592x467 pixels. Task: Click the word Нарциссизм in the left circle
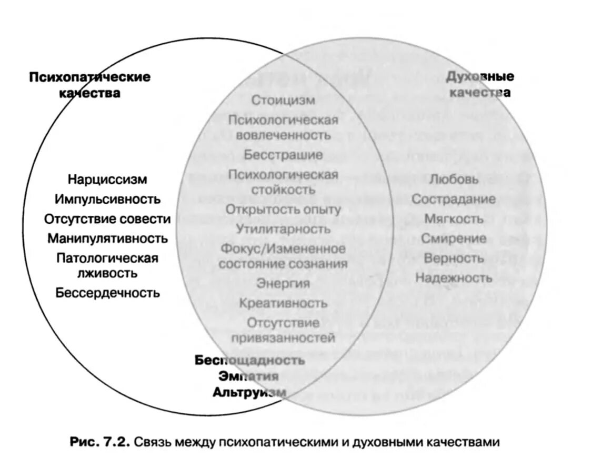(107, 180)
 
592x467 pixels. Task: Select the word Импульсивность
(107, 199)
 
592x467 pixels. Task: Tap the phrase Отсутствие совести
(107, 218)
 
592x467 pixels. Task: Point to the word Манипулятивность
(107, 238)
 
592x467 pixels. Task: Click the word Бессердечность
(107, 292)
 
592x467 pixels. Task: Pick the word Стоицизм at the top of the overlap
(283, 100)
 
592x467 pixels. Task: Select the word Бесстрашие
(283, 154)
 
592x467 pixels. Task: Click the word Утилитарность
(283, 228)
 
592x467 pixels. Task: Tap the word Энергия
(283, 283)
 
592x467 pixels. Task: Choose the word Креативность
(283, 303)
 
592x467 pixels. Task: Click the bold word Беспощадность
(249, 360)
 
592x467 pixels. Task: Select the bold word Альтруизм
(249, 392)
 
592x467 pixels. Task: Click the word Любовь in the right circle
(454, 179)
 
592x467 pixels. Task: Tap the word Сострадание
(454, 199)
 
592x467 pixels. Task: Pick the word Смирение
(454, 238)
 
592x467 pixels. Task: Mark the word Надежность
(454, 277)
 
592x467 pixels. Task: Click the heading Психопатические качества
(89, 85)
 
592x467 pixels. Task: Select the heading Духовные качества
(480, 84)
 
